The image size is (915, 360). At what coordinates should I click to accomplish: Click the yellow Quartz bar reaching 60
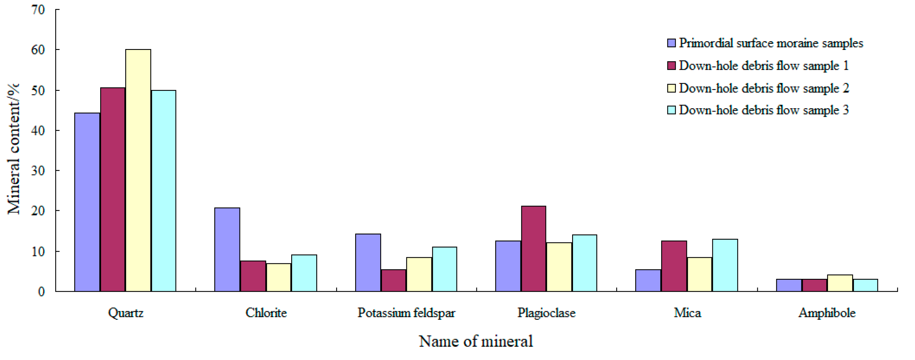138,171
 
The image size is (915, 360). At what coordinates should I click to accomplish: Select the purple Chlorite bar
227,250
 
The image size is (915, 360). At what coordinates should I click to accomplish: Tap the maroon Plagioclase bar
534,248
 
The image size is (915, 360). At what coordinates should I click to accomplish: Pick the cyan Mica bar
725,265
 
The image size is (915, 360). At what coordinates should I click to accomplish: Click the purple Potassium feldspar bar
368,263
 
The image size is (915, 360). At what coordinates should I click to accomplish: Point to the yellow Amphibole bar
840,283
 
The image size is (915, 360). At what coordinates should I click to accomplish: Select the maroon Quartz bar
113,189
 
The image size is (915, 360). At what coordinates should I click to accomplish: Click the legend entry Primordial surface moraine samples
770,43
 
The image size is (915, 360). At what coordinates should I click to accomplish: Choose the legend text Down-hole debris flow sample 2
764,88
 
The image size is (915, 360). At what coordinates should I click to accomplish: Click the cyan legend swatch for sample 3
671,110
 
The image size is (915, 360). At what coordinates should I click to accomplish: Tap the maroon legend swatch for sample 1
671,66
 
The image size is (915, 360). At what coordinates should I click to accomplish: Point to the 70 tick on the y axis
38,10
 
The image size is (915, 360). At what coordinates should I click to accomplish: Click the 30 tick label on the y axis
38,171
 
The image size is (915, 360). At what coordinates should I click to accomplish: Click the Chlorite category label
266,313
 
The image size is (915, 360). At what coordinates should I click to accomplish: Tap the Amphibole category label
827,313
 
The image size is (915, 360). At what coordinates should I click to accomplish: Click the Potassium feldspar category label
406,313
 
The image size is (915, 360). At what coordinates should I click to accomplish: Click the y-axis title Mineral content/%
13,149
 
